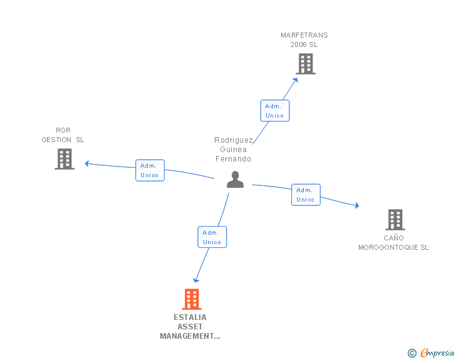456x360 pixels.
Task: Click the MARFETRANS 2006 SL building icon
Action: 306,64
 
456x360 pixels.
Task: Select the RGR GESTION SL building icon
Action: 65,159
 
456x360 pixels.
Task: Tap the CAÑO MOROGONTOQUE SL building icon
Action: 395,220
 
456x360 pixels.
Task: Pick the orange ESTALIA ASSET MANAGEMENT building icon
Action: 192,299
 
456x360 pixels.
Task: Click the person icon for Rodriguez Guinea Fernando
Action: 235,180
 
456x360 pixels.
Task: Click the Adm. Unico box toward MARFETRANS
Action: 275,110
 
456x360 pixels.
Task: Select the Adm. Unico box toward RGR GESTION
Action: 150,170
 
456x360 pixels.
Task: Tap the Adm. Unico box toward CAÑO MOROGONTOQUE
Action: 306,195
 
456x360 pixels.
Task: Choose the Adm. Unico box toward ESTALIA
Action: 212,237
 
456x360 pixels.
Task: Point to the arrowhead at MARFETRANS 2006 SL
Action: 296,80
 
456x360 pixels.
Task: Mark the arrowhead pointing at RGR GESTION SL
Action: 86,163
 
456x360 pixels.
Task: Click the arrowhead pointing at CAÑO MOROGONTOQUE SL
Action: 357,205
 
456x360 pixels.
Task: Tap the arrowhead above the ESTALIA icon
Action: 195,280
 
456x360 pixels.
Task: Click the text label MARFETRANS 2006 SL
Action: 304,40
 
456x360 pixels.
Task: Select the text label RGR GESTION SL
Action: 63,135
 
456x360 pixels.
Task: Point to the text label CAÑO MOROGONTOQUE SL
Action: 393,242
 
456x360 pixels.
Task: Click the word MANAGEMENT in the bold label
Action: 190,336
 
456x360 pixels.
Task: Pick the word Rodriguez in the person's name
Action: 234,140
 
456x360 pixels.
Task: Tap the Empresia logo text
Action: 437,352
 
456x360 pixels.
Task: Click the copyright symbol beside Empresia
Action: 412,353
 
